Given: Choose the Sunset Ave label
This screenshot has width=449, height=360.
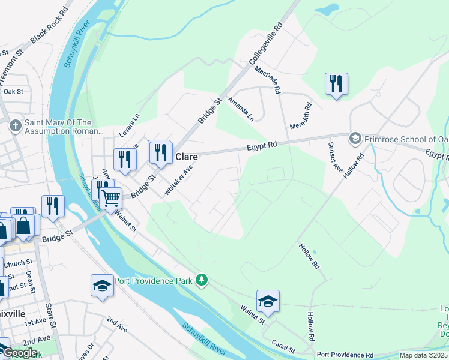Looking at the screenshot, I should (336, 158).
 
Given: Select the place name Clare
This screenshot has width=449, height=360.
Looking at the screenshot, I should (186, 157).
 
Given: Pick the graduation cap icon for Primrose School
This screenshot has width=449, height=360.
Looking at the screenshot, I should (355, 138).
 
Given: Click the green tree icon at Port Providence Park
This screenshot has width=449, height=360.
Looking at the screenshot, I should (202, 280).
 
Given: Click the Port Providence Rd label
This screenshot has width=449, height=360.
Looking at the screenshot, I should (345, 355).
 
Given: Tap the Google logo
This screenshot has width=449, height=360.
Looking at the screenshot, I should (20, 353).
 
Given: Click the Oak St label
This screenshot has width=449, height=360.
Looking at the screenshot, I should (13, 92).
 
